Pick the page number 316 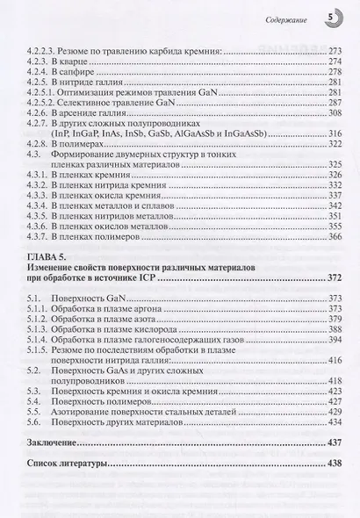pyautogui.click(x=327, y=133)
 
